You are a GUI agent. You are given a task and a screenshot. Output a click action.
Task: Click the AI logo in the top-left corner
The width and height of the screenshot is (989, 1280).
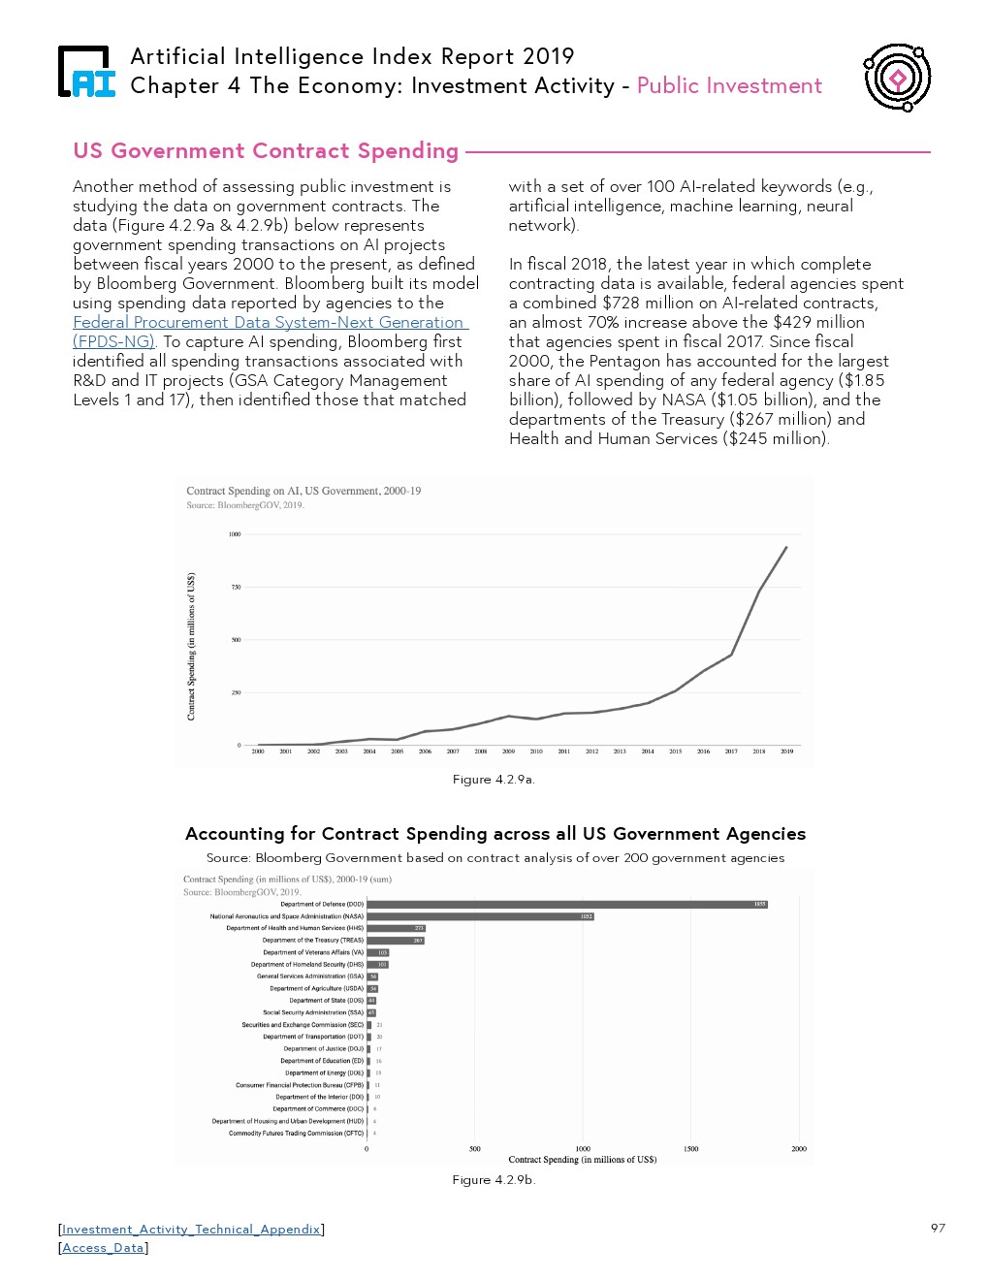click(87, 73)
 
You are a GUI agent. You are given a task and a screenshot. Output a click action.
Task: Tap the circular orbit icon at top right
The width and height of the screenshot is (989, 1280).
click(897, 77)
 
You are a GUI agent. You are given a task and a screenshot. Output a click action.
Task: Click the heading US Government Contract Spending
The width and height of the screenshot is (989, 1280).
click(266, 151)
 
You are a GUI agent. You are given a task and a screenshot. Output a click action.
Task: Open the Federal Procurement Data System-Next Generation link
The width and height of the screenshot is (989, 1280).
click(270, 322)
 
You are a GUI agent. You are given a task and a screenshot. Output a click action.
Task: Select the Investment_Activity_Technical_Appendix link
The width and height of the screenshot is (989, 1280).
click(191, 1230)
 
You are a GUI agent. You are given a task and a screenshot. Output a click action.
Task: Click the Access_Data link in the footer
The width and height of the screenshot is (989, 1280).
click(103, 1248)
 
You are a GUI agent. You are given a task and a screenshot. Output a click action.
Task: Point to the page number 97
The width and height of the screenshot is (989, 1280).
click(938, 1228)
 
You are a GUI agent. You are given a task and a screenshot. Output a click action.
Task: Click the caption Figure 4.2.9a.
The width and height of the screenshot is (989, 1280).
click(494, 780)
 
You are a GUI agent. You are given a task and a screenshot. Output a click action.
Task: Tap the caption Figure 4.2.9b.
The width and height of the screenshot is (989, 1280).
click(494, 1180)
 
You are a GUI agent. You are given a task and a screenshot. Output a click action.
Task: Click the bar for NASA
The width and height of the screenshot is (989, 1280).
click(480, 916)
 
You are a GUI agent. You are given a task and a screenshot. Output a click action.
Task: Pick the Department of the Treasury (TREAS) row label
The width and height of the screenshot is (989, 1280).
click(312, 941)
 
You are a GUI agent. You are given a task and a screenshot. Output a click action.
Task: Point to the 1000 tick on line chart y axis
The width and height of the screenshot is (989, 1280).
click(235, 534)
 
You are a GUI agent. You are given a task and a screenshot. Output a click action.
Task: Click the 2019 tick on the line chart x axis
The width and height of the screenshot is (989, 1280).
click(786, 752)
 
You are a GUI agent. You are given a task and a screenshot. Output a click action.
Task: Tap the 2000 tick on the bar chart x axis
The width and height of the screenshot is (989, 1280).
click(798, 1149)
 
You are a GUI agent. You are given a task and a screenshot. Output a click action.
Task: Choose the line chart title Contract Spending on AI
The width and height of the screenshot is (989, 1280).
click(303, 491)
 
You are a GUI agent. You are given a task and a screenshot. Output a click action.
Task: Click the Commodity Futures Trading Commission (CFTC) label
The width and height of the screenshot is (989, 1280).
click(296, 1134)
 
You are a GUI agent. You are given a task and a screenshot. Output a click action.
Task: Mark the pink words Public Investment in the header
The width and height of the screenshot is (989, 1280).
click(729, 85)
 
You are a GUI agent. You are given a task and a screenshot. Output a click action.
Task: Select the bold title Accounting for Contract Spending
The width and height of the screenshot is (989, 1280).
click(494, 834)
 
